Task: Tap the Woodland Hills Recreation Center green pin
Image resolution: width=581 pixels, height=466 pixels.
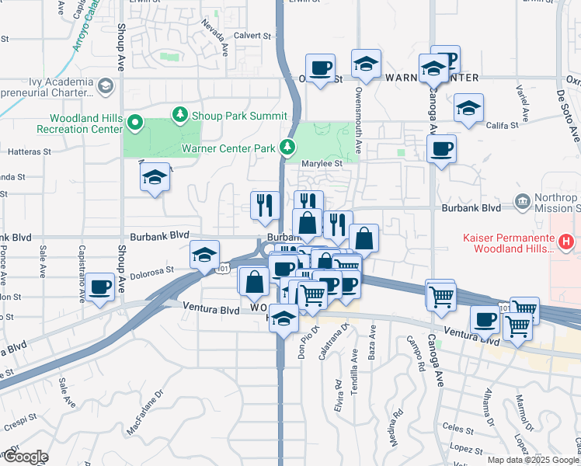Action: click(x=134, y=122)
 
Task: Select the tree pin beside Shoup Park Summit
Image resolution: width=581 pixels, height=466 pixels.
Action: click(x=181, y=115)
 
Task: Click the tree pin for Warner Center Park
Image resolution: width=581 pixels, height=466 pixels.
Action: click(x=288, y=147)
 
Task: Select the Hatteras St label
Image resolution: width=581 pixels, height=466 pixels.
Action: click(x=30, y=152)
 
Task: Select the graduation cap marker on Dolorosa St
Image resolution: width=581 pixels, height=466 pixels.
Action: click(x=204, y=256)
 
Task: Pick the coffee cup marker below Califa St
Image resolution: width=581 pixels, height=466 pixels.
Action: click(x=441, y=148)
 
